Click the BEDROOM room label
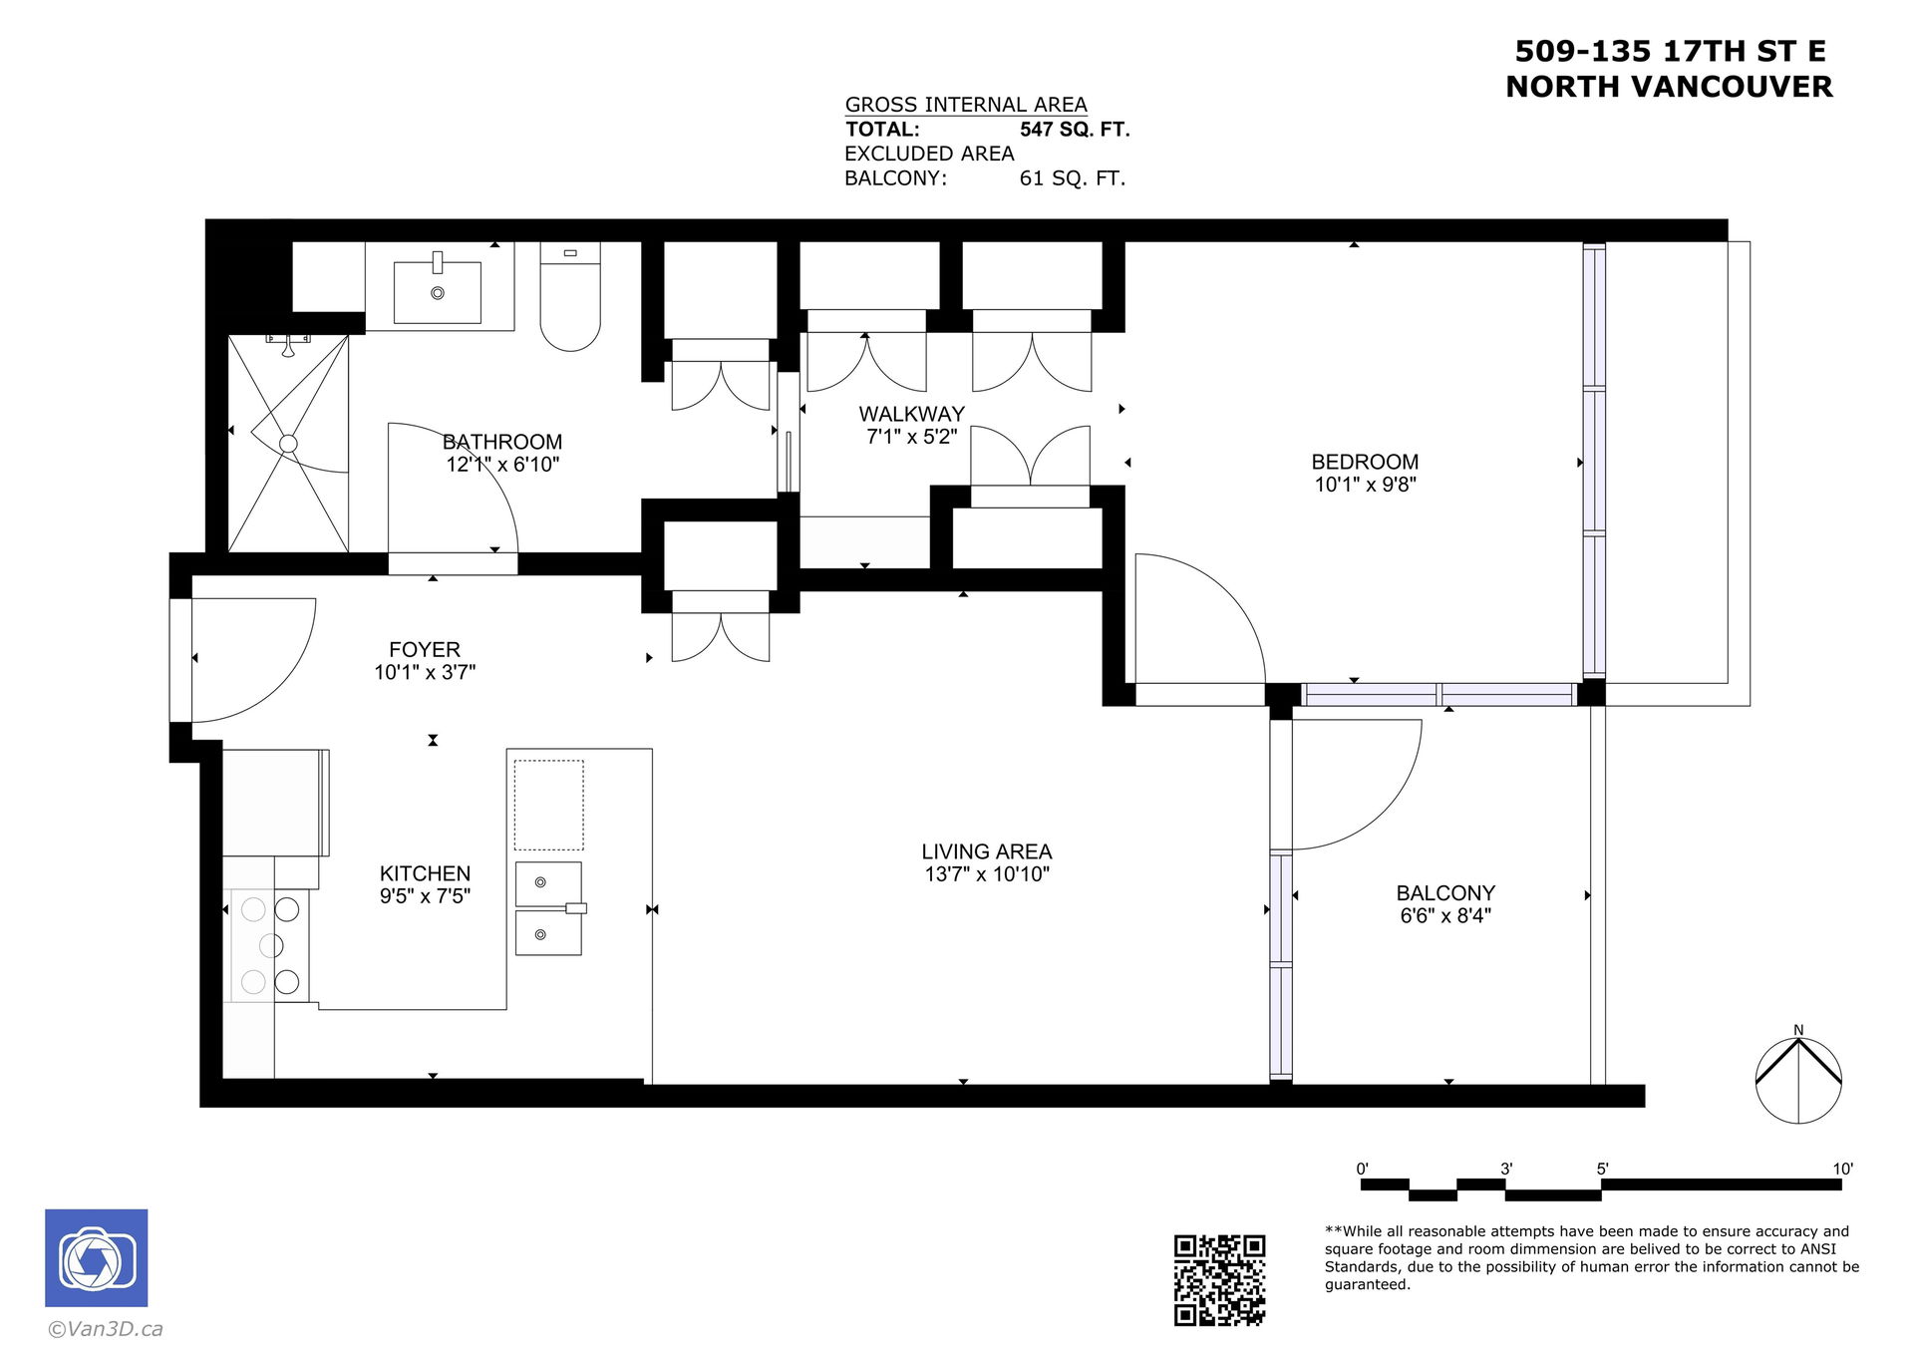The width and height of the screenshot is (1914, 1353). tap(1364, 462)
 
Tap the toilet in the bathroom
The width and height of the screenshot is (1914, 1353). tap(570, 296)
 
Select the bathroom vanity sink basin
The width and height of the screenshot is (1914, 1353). tap(438, 292)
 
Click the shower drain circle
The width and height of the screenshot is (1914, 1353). tap(288, 444)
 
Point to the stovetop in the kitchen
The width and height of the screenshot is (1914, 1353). tap(270, 945)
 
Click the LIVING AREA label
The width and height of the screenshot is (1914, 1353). tap(986, 851)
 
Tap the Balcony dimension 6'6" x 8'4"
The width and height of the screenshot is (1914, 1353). tap(1445, 915)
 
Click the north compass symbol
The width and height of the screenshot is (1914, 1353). tap(1798, 1080)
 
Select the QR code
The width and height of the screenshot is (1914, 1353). tap(1219, 1280)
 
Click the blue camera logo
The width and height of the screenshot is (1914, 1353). tap(97, 1258)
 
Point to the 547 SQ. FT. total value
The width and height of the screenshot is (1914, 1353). tap(1075, 130)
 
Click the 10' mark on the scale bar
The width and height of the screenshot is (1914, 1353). tap(1842, 1169)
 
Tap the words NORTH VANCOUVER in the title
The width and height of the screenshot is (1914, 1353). tap(1669, 87)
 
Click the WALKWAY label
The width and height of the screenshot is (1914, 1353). tap(911, 414)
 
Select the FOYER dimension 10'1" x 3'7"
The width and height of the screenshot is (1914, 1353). tap(425, 672)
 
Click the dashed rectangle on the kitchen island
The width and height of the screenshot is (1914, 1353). tap(548, 806)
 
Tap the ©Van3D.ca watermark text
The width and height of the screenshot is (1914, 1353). tap(106, 1329)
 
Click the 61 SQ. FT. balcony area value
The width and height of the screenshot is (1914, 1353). tap(1072, 178)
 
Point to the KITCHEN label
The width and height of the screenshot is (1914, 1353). tap(425, 873)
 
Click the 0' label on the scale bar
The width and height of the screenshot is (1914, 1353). tap(1362, 1169)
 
